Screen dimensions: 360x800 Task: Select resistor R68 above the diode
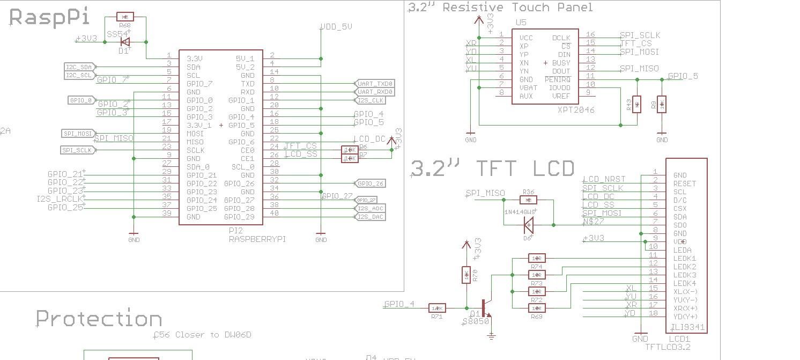(125, 17)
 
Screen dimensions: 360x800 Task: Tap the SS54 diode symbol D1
(125, 42)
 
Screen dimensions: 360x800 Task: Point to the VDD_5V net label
(336, 27)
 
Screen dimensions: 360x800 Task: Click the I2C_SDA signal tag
(79, 67)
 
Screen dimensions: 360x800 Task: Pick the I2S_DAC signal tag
(371, 217)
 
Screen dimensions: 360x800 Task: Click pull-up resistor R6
(350, 150)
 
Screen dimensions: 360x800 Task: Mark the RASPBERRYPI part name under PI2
(257, 239)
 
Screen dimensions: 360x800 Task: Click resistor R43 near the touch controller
(636, 104)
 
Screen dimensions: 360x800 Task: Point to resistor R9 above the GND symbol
(662, 104)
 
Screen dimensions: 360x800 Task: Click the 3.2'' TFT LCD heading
(492, 168)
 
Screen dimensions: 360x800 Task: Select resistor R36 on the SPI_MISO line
(529, 200)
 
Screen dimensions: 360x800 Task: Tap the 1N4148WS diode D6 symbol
(529, 225)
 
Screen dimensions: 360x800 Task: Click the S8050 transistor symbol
(485, 308)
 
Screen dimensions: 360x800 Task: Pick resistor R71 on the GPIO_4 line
(437, 308)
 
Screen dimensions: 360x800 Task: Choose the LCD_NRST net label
(604, 179)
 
